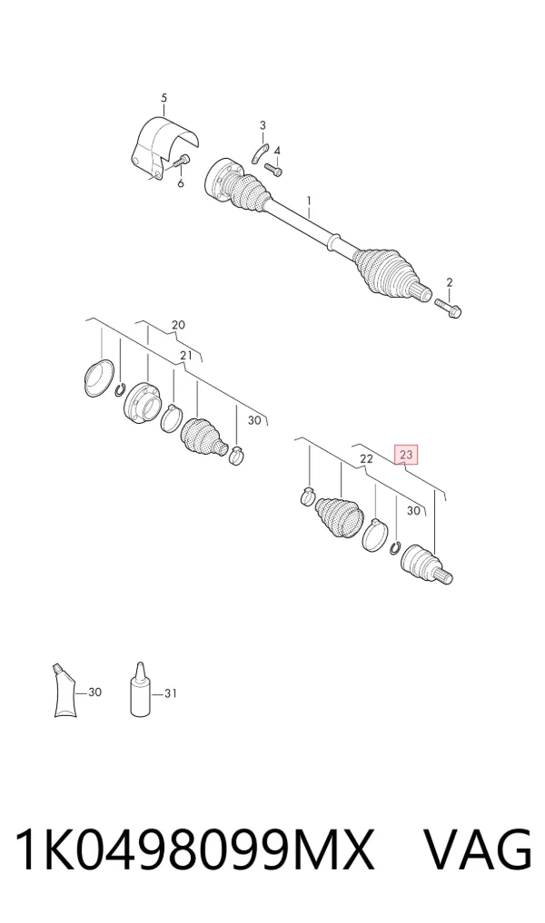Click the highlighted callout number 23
tap(406, 454)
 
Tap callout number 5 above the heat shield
tap(163, 98)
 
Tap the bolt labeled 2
tap(449, 307)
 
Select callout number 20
tap(178, 324)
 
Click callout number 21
tap(186, 355)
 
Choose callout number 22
tap(366, 458)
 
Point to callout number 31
tap(170, 694)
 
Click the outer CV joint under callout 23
tap(426, 566)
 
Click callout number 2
tap(450, 282)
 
